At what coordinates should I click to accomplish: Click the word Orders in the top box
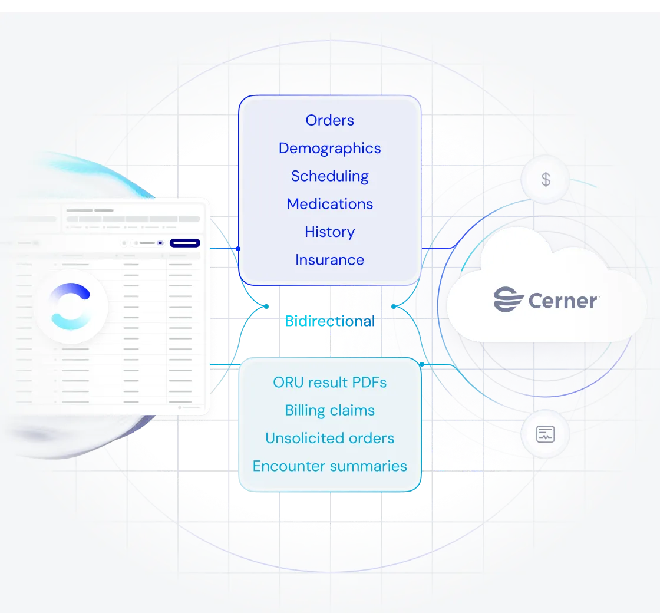click(329, 120)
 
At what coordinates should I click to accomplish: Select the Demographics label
click(329, 148)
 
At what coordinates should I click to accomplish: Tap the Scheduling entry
click(329, 176)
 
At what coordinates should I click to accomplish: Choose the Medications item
click(329, 204)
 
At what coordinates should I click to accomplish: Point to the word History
click(329, 232)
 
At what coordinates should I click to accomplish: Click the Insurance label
click(329, 260)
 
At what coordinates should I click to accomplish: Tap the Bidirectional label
click(329, 321)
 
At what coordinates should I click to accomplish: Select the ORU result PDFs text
click(329, 383)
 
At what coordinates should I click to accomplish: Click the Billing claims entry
click(329, 410)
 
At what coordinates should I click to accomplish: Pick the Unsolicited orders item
click(329, 439)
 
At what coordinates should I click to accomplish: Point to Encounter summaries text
click(329, 466)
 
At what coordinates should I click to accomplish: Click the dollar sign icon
click(546, 179)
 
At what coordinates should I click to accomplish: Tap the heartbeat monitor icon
click(546, 435)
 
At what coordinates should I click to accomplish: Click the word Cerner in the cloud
click(563, 301)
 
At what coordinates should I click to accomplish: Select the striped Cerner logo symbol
click(509, 299)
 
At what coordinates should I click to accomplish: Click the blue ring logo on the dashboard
click(71, 306)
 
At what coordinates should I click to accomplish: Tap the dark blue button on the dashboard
click(184, 243)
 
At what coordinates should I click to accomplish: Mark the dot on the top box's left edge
click(238, 249)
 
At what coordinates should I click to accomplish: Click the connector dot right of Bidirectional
click(394, 306)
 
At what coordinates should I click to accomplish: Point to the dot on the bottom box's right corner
click(421, 364)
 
